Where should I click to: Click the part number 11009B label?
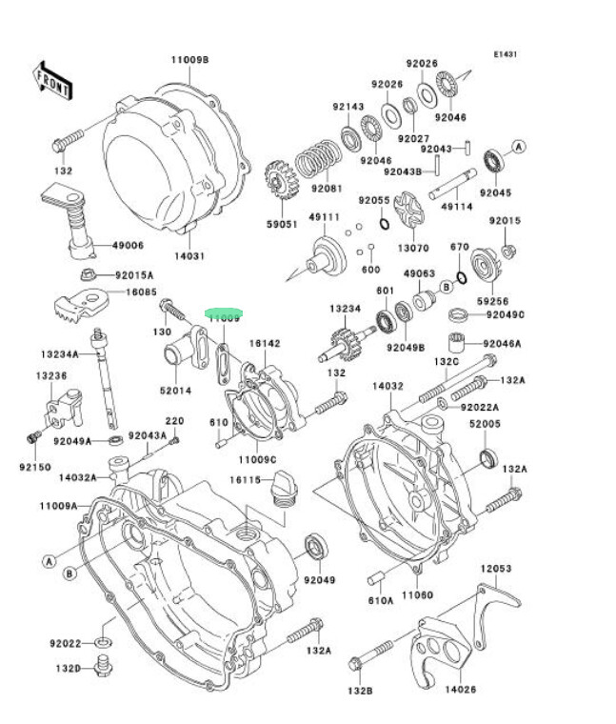point(189,60)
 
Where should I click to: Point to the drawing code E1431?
point(506,55)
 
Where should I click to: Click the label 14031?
point(189,256)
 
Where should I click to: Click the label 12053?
point(495,569)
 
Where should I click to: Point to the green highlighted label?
point(227,313)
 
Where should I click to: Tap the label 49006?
point(128,245)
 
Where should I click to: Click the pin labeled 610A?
point(377,578)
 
